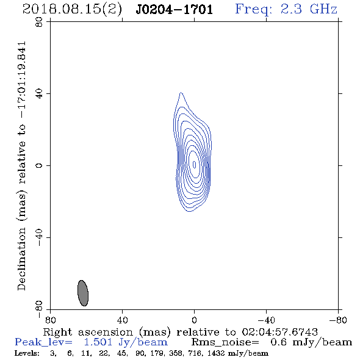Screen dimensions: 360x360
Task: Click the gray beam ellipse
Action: (x=83, y=293)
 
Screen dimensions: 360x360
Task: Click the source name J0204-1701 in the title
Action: (x=175, y=10)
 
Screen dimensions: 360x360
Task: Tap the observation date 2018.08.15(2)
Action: (x=72, y=10)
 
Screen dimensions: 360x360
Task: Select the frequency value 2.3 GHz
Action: (x=309, y=9)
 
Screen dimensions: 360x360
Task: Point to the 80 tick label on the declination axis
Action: (x=39, y=22)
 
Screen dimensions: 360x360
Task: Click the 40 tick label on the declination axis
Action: (x=39, y=94)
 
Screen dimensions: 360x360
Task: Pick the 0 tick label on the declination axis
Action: (x=39, y=165)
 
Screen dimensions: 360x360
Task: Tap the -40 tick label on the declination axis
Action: (x=39, y=237)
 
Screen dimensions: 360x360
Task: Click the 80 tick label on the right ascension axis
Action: (x=50, y=320)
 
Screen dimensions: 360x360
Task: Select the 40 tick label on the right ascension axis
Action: (x=122, y=320)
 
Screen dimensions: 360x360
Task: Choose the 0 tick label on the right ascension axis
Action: (x=194, y=320)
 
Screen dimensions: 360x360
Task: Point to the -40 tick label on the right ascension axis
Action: (x=266, y=320)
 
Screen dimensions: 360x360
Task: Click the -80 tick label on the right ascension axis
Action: (x=338, y=320)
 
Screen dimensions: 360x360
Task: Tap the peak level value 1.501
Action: (x=98, y=342)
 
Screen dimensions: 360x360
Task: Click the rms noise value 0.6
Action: (x=278, y=342)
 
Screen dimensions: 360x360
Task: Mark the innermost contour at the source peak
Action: (x=194, y=164)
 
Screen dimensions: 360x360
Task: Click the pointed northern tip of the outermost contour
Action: (x=181, y=93)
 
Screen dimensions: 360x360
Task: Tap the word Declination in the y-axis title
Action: (x=21, y=259)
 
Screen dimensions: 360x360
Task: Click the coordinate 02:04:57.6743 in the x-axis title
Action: (x=279, y=332)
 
